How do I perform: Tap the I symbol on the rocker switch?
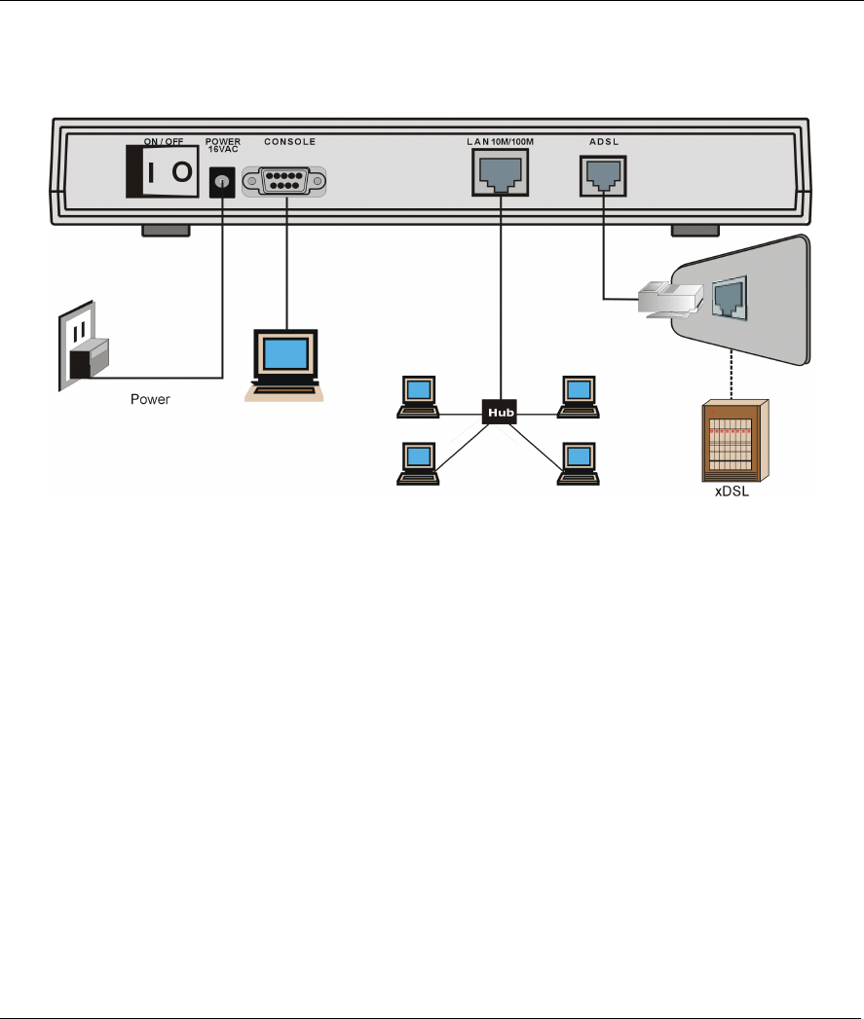tap(148, 173)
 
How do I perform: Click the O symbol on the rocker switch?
tap(182, 173)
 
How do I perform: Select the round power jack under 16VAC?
tap(224, 181)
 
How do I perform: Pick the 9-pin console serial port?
tap(284, 182)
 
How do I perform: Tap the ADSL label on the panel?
tap(604, 142)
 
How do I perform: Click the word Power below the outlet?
tap(151, 400)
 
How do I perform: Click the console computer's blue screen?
tap(286, 353)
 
